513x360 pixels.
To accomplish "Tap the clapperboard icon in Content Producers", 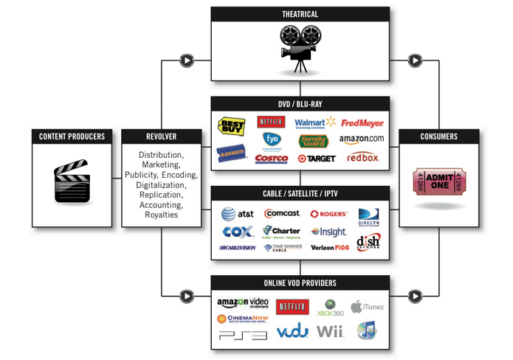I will click(x=72, y=181).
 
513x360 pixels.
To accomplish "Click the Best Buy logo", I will click(x=231, y=126).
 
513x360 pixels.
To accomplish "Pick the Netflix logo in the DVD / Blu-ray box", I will click(x=271, y=122).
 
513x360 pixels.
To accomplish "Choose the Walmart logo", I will click(x=315, y=122).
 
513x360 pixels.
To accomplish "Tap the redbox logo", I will click(x=362, y=157).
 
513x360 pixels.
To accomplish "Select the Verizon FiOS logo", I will click(x=328, y=247).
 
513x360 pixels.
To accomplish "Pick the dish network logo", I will click(x=368, y=243).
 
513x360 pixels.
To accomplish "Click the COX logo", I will click(x=237, y=231).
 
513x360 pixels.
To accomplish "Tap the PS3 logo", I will click(x=243, y=335).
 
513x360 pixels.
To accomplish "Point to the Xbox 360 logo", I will click(x=328, y=308).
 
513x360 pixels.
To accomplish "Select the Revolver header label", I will click(x=160, y=136).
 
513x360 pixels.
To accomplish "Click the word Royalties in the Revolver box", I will click(x=160, y=215).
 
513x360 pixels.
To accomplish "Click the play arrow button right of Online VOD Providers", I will click(x=415, y=296).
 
